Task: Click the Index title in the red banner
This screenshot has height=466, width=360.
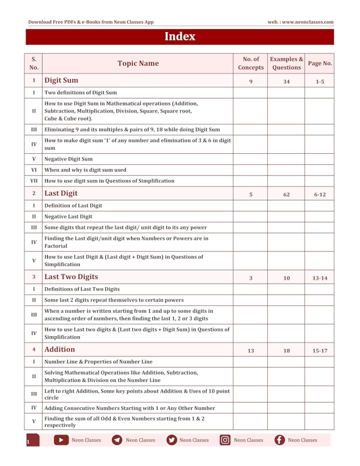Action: (179, 37)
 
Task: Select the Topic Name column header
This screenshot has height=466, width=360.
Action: (138, 63)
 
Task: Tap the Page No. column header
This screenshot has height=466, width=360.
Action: (320, 63)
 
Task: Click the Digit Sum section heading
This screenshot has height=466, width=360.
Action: (61, 80)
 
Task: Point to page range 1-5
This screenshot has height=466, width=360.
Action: (320, 82)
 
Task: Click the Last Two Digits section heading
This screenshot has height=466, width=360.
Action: (71, 277)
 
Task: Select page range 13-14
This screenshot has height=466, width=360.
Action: (320, 278)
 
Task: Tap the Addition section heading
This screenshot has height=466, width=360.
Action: (59, 349)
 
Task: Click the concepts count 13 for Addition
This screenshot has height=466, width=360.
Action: (251, 351)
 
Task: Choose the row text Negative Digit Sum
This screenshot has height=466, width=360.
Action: (68, 159)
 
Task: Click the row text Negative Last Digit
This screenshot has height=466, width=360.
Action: (68, 216)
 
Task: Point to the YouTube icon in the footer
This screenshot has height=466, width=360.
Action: (61, 440)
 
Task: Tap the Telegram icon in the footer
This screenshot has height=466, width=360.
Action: (117, 440)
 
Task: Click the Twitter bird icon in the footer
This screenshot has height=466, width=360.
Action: (171, 440)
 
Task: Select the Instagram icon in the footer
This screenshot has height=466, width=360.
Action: (225, 440)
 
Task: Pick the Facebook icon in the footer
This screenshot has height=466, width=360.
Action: (280, 440)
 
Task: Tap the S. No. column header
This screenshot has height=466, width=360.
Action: (34, 63)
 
